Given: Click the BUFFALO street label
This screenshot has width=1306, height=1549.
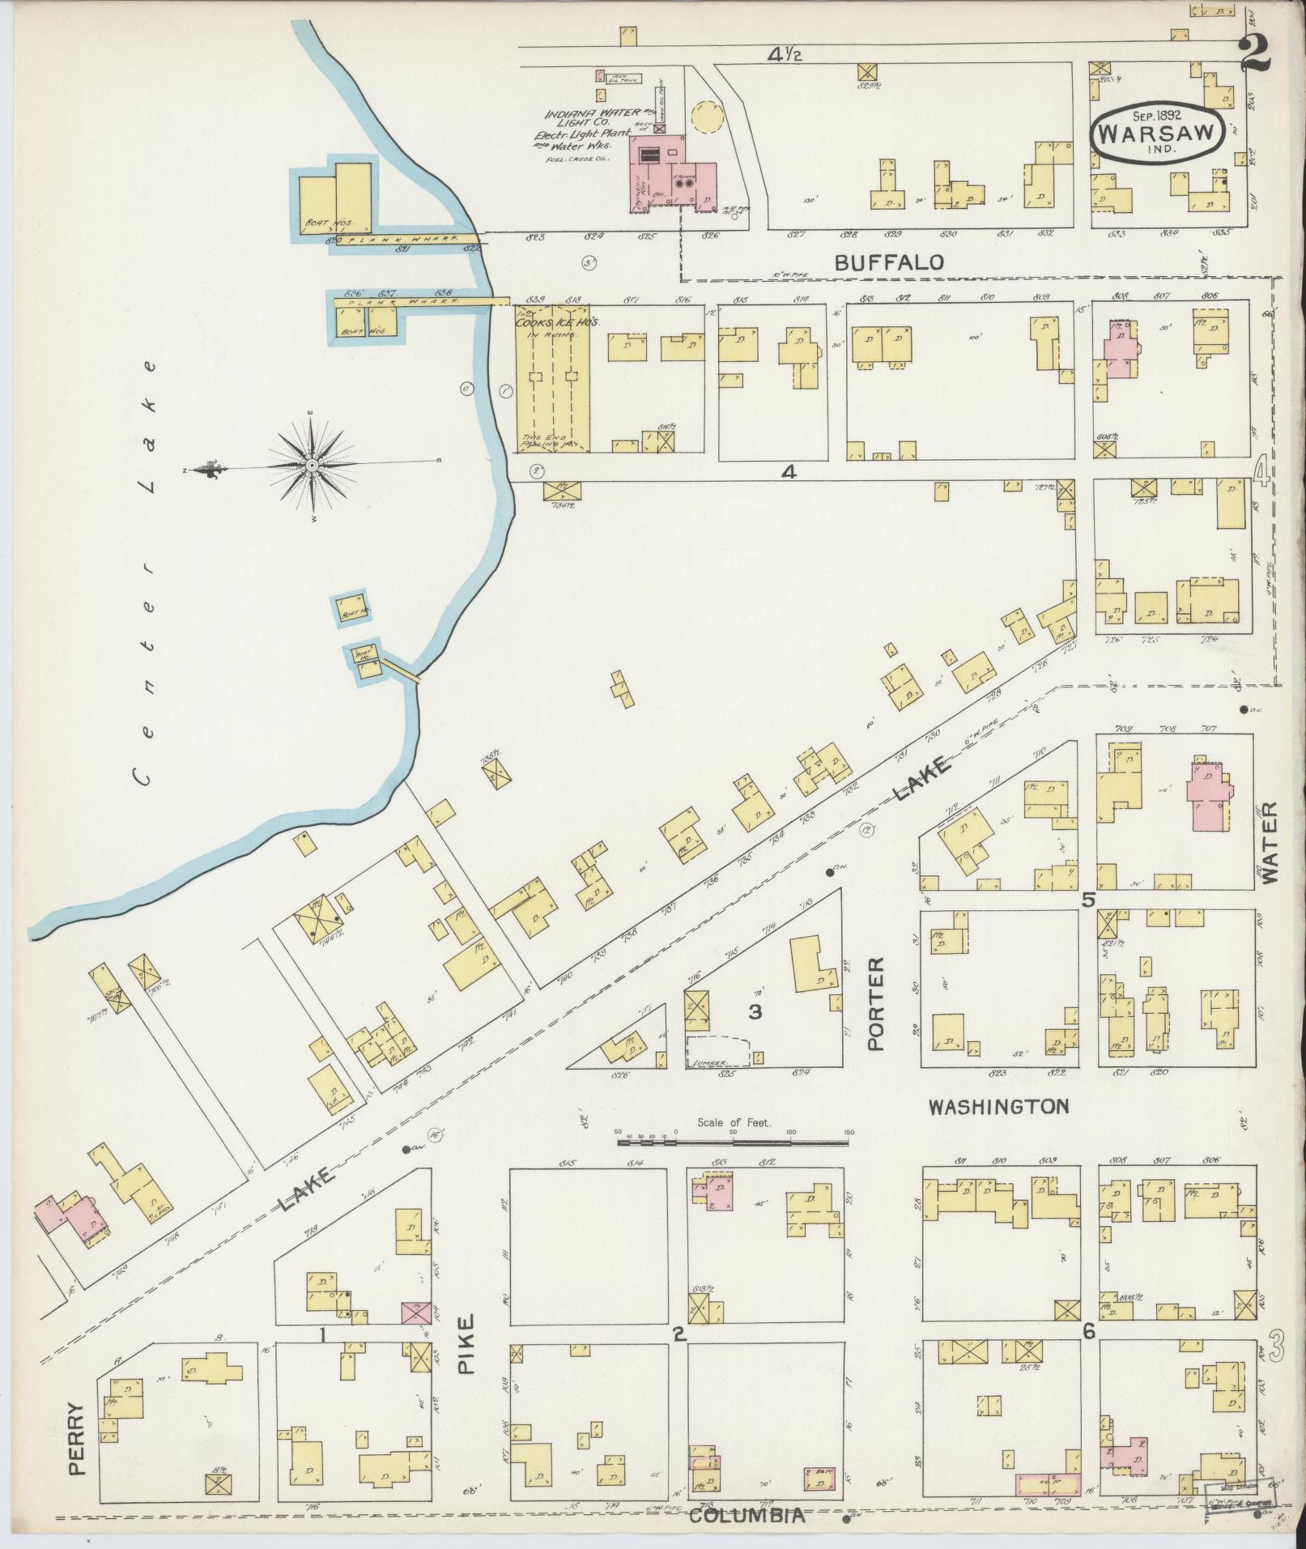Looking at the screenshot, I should pos(889,262).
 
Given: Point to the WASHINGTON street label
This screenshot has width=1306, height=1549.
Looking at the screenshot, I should pos(998,1106).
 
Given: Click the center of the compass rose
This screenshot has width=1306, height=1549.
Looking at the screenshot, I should pos(313,466).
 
